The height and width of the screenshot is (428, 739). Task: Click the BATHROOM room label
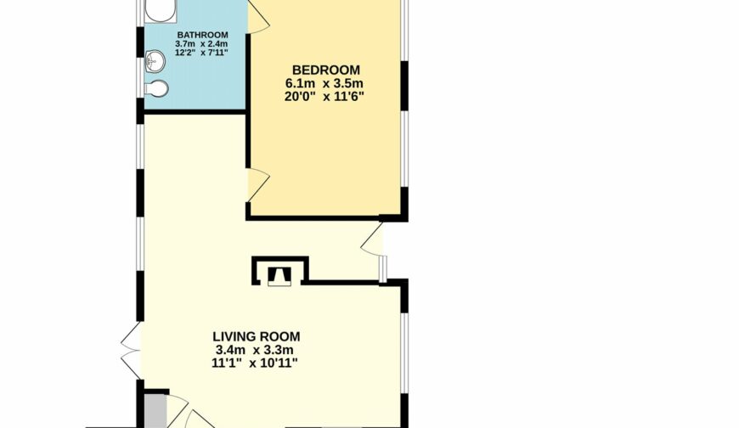(x=203, y=35)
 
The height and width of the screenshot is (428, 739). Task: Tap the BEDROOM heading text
(x=326, y=70)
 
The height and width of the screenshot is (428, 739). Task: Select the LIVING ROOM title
(x=257, y=336)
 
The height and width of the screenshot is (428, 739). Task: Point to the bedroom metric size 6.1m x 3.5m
(x=324, y=84)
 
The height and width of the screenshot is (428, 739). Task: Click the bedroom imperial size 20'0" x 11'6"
(x=324, y=97)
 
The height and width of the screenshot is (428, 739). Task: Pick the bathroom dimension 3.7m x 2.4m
(x=201, y=44)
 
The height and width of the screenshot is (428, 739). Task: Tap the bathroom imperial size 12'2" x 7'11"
(x=201, y=53)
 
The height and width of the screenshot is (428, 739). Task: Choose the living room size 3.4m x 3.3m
(x=255, y=350)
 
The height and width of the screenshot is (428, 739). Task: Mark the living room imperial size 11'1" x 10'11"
(x=255, y=363)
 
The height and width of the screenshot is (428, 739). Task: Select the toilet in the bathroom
(x=156, y=88)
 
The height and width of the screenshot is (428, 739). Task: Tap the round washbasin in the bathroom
(x=155, y=60)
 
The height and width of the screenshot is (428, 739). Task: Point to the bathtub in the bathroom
(x=161, y=11)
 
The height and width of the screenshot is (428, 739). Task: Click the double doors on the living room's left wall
(x=131, y=350)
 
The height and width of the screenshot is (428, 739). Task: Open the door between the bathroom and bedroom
(x=257, y=17)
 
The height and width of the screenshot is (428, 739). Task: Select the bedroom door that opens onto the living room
(x=258, y=184)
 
